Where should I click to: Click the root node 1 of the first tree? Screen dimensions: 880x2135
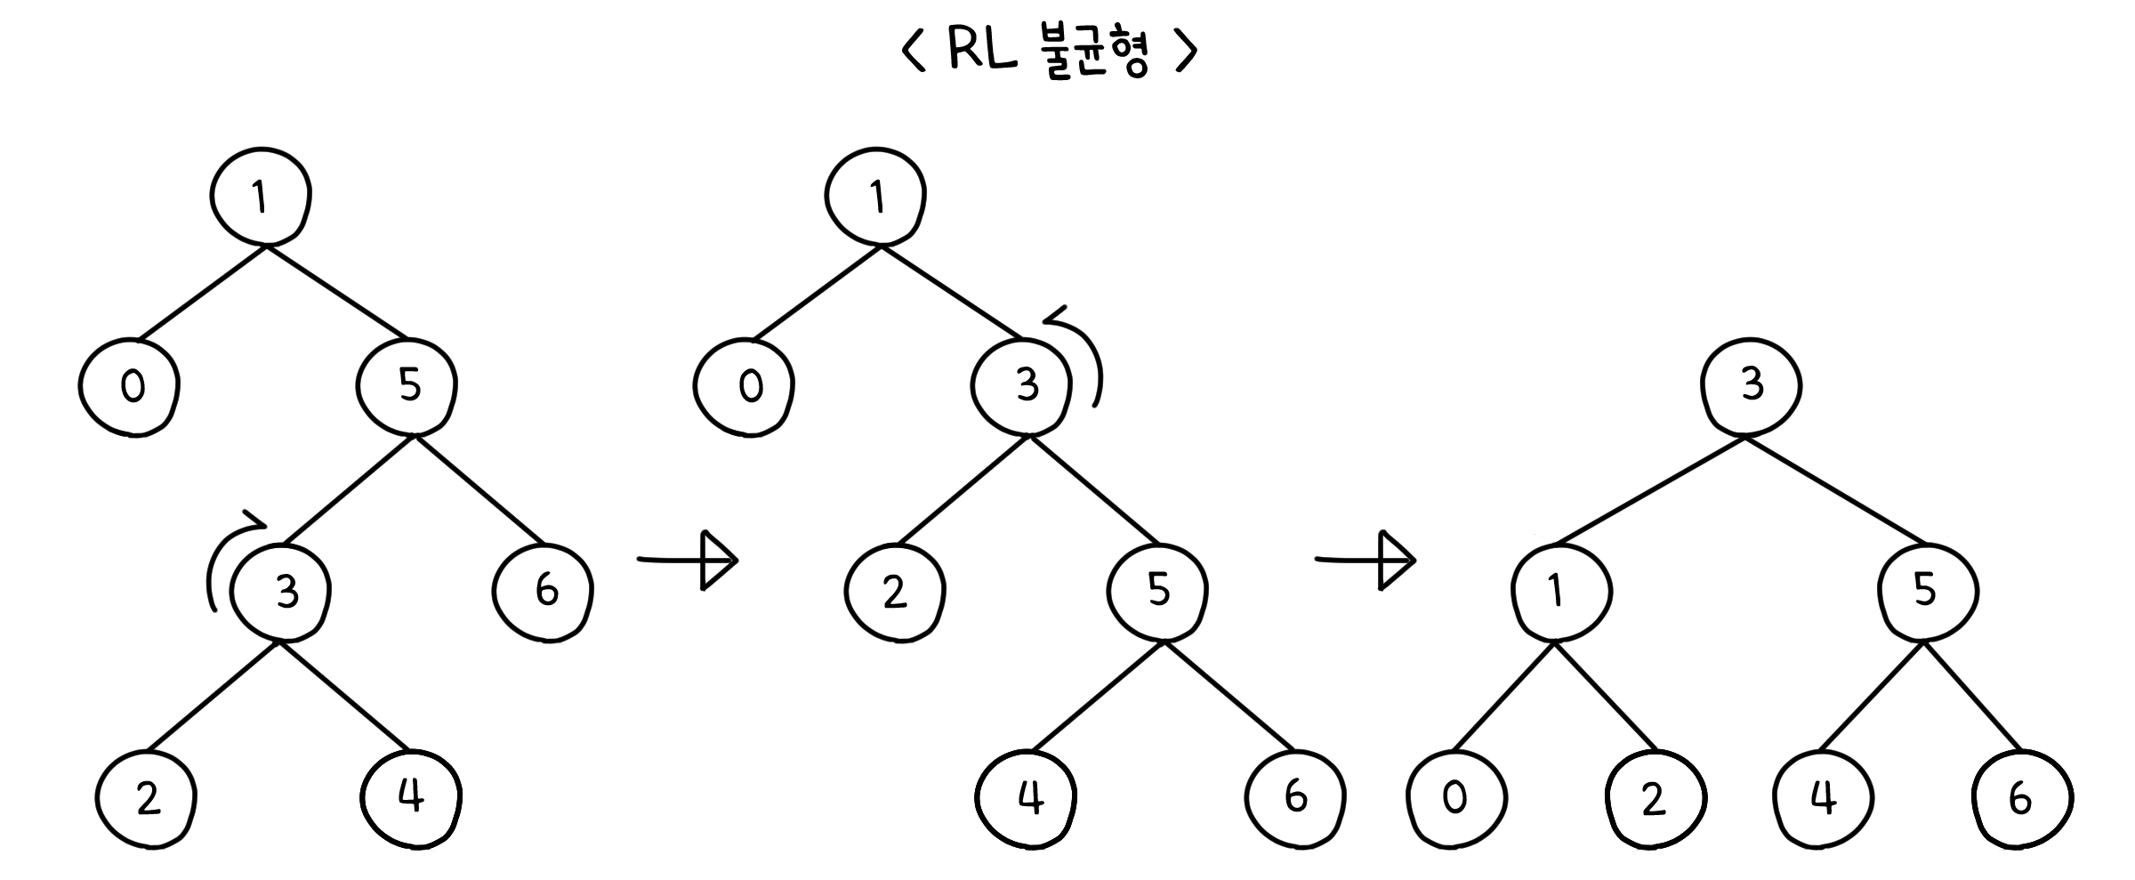point(261,196)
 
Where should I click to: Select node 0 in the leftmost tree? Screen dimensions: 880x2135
point(130,387)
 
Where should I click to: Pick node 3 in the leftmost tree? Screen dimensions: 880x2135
point(281,592)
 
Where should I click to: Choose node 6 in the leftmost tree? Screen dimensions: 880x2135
point(544,592)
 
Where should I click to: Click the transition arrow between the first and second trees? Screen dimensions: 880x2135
point(689,560)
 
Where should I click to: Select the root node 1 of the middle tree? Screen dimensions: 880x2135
point(875,196)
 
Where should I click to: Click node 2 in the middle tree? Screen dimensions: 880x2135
point(895,592)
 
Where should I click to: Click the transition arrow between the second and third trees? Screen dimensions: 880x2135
point(1367,560)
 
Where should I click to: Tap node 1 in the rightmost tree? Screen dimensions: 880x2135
point(1560,592)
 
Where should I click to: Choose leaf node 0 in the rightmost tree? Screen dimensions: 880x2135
point(1456,798)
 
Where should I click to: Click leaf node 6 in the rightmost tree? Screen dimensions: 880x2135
point(2022,798)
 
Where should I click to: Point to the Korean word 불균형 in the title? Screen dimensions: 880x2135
point(1095,53)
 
